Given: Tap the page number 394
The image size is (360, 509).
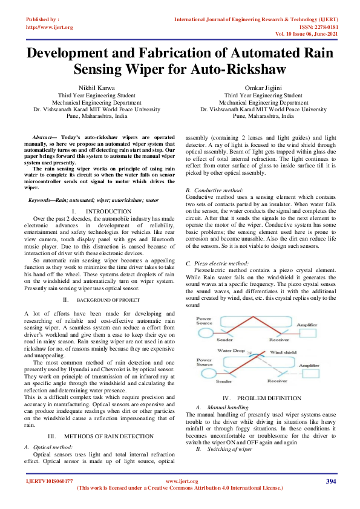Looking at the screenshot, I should [x=331, y=481].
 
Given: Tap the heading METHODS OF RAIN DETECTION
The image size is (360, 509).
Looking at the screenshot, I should [x=105, y=436].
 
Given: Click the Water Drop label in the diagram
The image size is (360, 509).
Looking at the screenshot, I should [x=231, y=351].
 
